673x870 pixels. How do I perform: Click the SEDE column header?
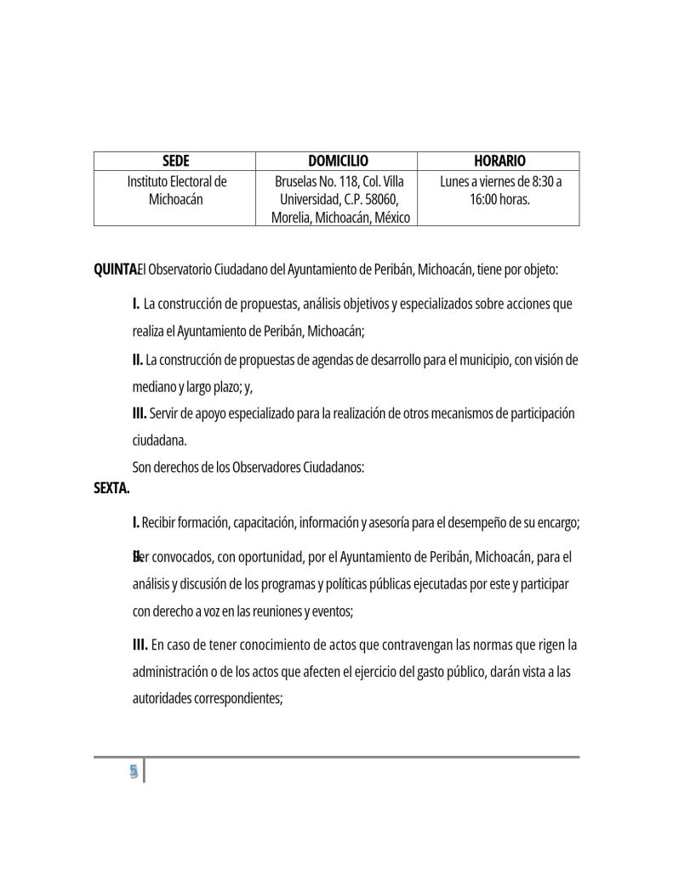(175, 161)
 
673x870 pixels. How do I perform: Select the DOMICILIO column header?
(337, 161)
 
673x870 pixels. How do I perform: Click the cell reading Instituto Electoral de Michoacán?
(175, 190)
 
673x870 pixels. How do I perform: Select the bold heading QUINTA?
(114, 270)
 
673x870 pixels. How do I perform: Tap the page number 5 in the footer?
(133, 771)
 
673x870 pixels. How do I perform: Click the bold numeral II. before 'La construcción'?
(138, 360)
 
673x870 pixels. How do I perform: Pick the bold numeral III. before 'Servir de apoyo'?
(140, 413)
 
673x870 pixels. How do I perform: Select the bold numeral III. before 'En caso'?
(140, 645)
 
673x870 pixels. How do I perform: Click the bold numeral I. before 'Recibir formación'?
(136, 523)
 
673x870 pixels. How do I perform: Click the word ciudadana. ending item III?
(159, 441)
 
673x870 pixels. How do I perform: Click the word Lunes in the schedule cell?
(456, 181)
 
